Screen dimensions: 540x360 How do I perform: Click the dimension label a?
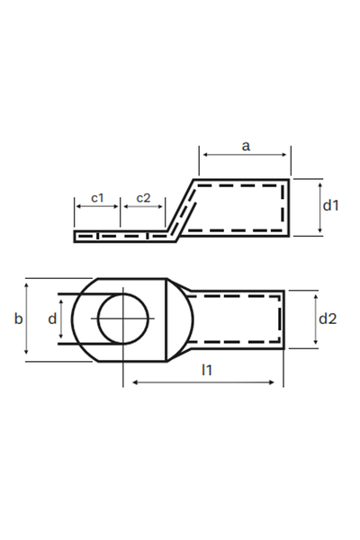246,145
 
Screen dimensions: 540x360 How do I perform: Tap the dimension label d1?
330,206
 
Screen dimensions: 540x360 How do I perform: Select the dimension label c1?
98,197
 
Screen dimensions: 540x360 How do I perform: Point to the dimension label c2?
143,197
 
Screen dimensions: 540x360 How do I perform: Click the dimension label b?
17,319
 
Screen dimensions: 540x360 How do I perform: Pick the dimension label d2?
328,318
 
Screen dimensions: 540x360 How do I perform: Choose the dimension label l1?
207,369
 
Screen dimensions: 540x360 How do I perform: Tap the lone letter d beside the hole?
52,319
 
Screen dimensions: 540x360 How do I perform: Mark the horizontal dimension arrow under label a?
246,156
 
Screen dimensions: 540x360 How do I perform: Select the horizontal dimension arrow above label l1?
207,382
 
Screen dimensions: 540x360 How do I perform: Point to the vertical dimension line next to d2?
315,318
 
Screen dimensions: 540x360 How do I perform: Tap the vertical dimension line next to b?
28,319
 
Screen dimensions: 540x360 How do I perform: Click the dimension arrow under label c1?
97,207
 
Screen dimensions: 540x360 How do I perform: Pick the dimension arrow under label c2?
143,207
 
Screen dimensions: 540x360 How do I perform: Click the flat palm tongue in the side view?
117,237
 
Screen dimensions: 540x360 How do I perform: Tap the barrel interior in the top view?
238,319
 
